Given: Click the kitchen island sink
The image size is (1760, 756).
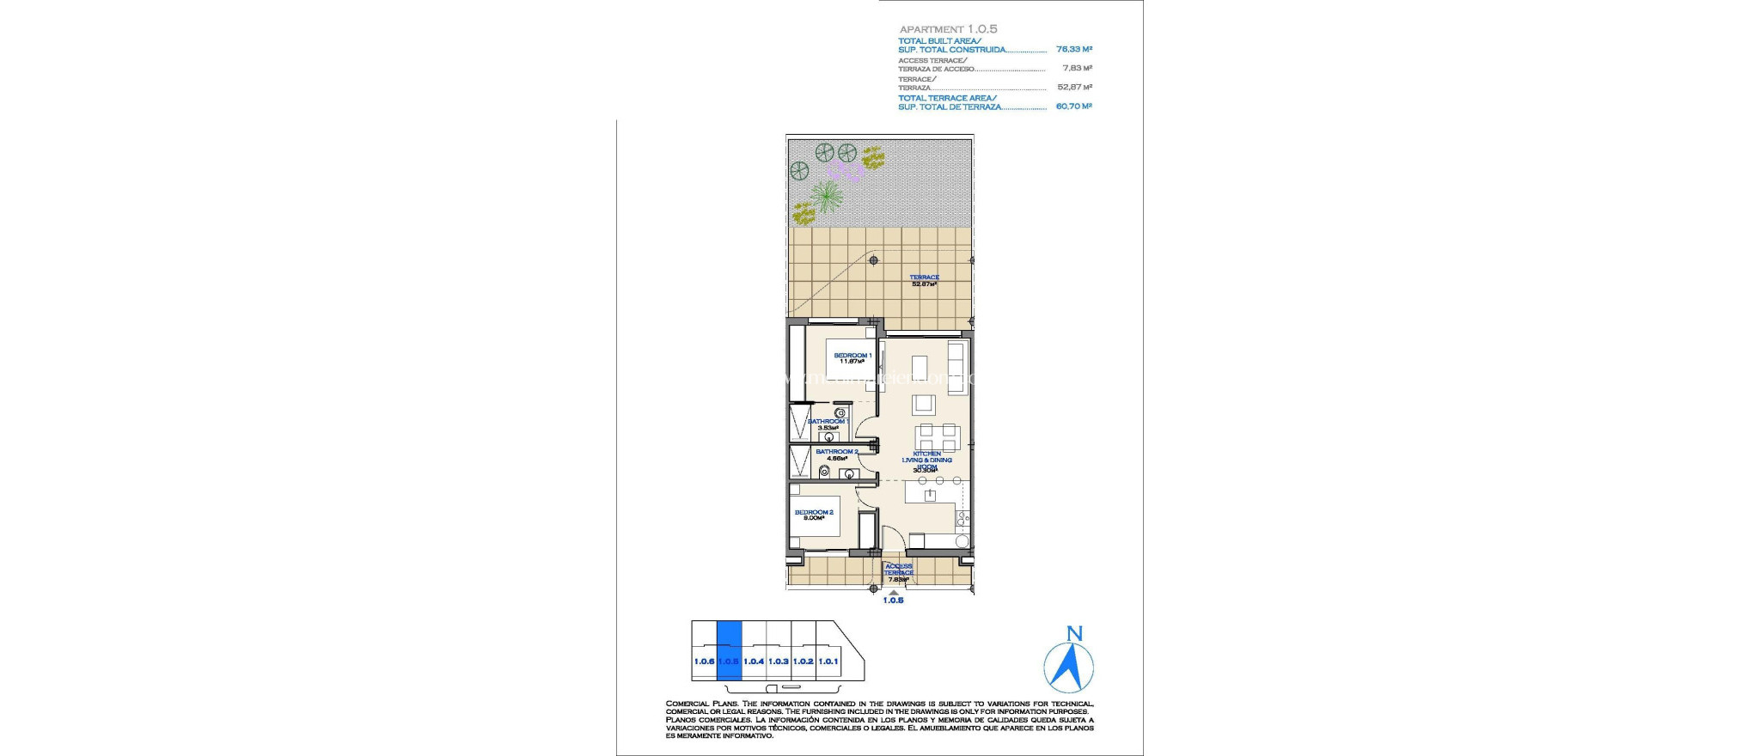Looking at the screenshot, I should pos(928,496).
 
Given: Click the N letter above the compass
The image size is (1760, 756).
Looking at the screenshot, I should pos(1073,634).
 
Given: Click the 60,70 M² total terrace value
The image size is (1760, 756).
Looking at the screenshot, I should pos(1073,107).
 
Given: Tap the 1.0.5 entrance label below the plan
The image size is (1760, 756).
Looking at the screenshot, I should pos(893,601).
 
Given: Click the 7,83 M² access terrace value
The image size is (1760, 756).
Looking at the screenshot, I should pos(1077,68).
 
